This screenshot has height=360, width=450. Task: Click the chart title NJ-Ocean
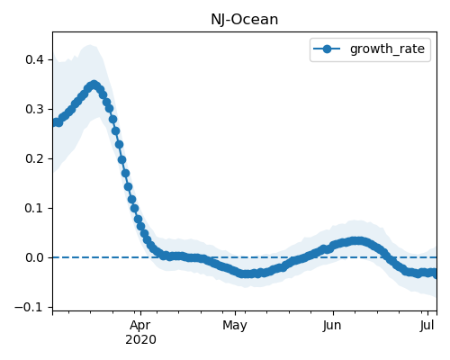[x=245, y=20]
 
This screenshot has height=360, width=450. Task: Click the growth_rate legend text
[x=387, y=49]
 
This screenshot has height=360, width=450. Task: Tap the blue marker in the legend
[x=327, y=49]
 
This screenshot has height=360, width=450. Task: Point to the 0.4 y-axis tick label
[x=34, y=59]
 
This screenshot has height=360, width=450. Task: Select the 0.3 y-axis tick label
[x=34, y=109]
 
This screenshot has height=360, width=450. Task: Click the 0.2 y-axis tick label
[x=34, y=158]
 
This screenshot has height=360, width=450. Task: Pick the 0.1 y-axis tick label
[x=34, y=208]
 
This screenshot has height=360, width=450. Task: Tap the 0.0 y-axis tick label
[x=34, y=257]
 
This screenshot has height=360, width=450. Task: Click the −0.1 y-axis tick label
[x=29, y=307]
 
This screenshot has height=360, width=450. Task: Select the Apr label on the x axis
[x=140, y=325]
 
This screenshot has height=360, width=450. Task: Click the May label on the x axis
[x=235, y=325]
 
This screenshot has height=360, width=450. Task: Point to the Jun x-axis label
[x=332, y=325]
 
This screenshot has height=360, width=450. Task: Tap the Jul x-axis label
[x=427, y=325]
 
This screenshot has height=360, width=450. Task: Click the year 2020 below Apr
[x=140, y=339]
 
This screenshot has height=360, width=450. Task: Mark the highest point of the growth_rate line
[x=94, y=85]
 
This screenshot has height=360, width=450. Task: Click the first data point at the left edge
[x=56, y=122]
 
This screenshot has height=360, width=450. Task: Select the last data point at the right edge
[x=435, y=274]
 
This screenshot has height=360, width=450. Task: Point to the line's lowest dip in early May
[x=247, y=274]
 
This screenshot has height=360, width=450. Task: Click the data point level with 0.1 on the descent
[x=135, y=208]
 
